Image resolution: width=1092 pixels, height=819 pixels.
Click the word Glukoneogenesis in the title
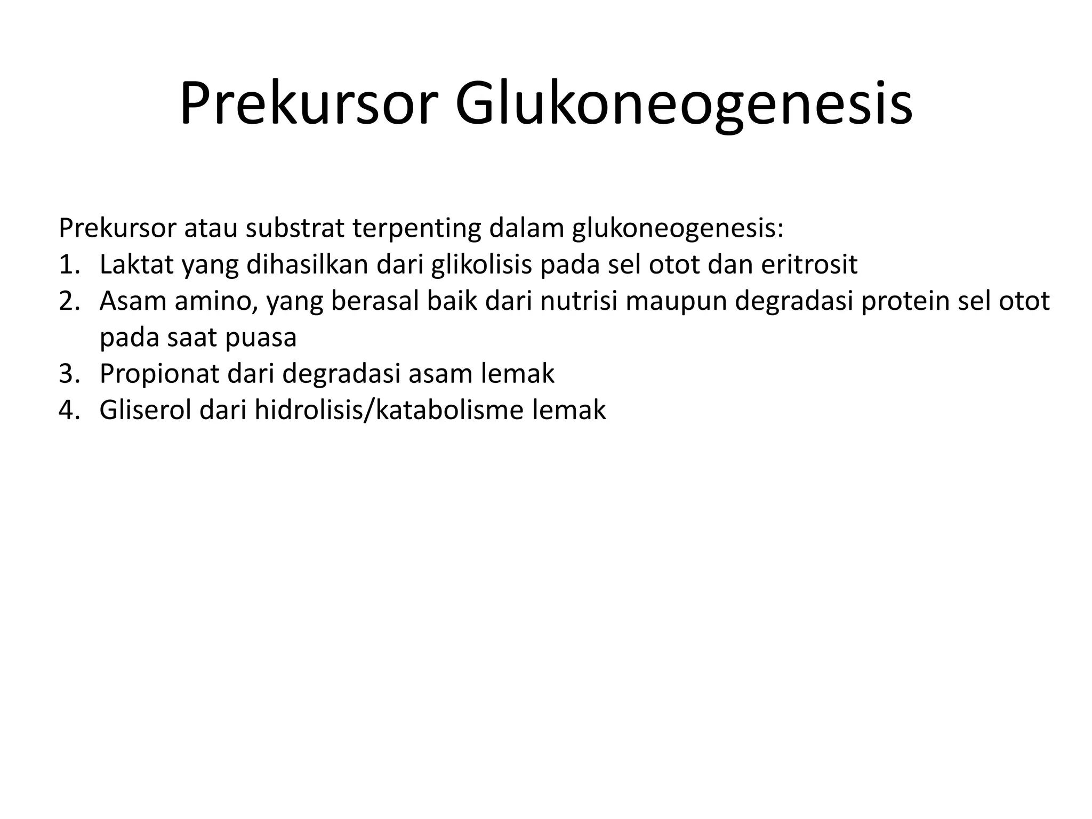[684, 105]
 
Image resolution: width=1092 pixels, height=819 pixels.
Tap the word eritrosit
[809, 265]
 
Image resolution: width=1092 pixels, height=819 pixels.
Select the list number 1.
[68, 265]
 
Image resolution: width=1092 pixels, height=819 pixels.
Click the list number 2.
[69, 301]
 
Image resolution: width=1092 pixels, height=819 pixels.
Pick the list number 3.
[69, 374]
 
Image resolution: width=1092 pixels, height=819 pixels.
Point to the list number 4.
[69, 411]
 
